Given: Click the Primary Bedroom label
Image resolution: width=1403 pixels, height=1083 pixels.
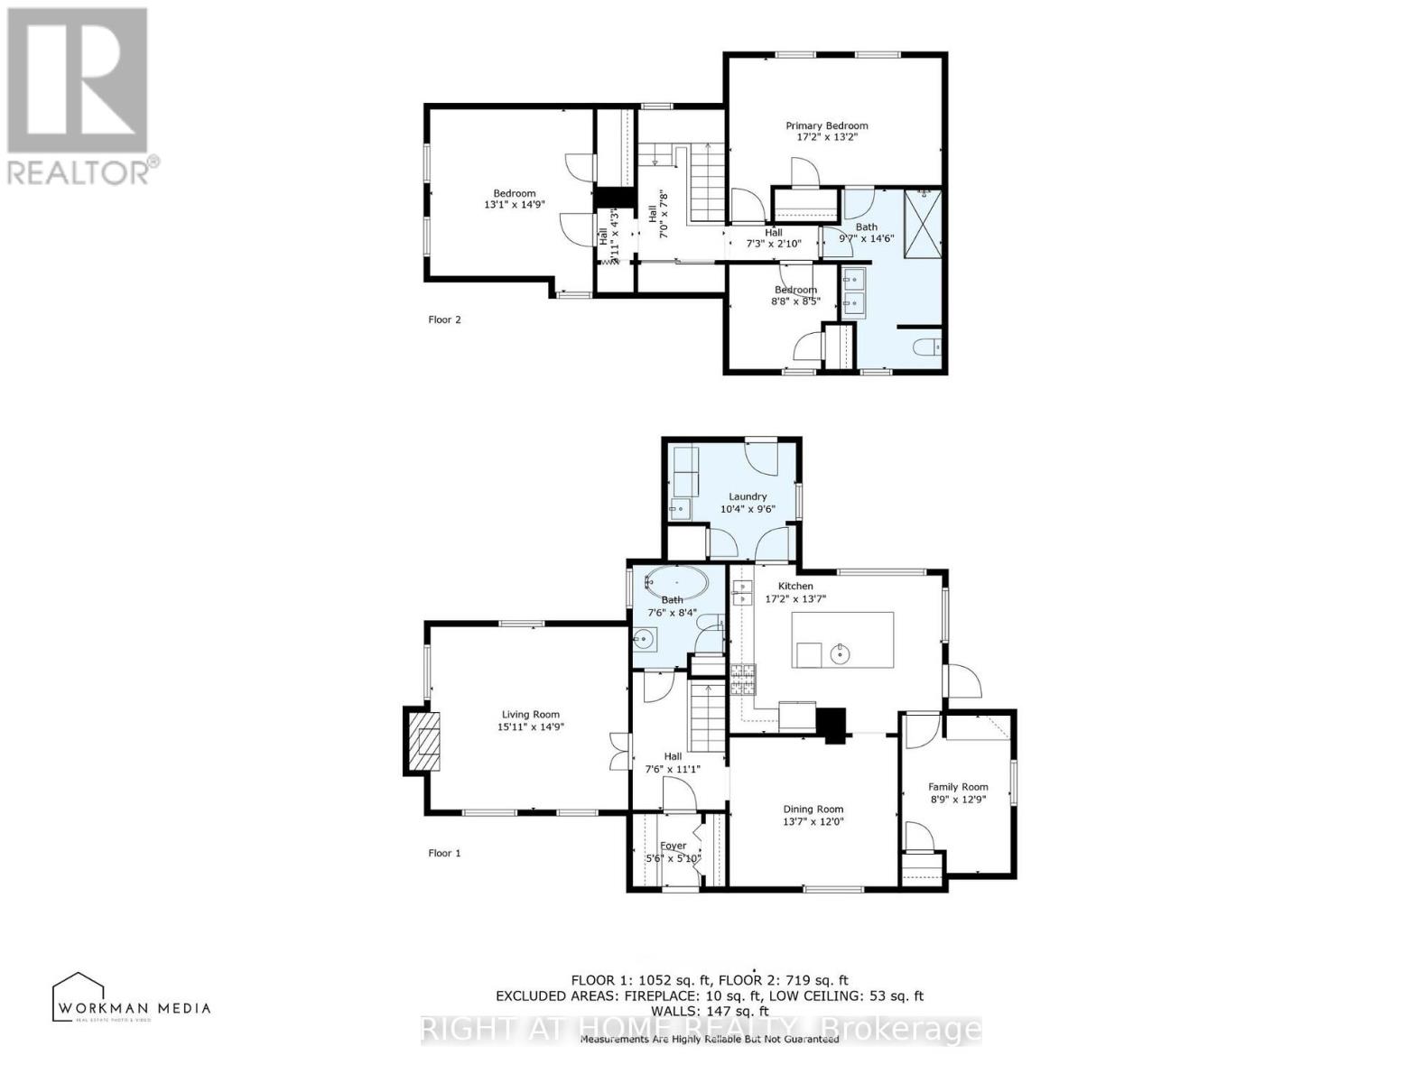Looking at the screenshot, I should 826,125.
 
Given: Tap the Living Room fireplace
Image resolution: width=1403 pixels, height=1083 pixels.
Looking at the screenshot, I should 423,741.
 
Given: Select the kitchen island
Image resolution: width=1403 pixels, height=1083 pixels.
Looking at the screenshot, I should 842,640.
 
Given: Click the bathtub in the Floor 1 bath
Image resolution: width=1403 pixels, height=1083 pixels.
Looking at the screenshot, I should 676,583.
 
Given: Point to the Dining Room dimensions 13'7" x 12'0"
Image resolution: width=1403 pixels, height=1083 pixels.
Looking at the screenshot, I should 813,821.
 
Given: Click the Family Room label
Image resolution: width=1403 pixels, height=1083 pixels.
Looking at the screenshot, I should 958,787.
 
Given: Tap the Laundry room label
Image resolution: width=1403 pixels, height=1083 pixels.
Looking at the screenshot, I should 748,496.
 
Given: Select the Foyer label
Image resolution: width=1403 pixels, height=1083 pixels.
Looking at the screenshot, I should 673,846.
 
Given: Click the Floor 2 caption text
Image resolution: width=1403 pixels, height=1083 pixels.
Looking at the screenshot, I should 444,319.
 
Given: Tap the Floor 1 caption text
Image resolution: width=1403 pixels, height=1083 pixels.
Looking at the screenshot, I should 444,853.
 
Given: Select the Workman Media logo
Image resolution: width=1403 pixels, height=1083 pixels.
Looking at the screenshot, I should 131,998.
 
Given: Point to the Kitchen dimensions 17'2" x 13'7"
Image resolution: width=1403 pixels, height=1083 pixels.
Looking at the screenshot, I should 795,598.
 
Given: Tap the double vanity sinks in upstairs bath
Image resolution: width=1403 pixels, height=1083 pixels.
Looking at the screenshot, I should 853,292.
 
